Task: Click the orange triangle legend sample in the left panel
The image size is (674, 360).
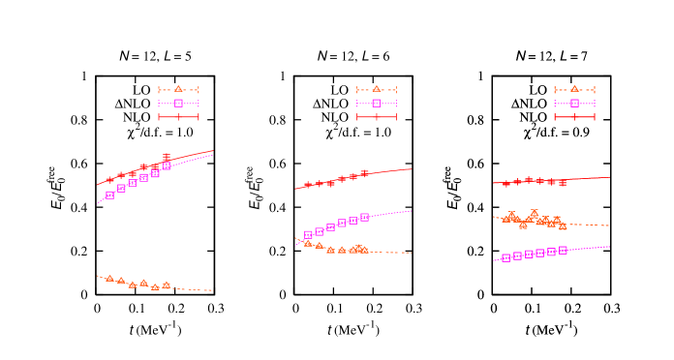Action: (x=178, y=89)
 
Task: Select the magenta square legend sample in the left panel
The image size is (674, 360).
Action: (x=178, y=103)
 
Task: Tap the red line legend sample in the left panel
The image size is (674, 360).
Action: (x=178, y=117)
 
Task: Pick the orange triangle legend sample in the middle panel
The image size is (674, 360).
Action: (x=377, y=89)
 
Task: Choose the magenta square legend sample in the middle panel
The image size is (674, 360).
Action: (x=377, y=103)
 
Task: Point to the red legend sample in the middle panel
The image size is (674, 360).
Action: (x=377, y=117)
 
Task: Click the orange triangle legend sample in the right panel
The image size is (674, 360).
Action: (x=574, y=89)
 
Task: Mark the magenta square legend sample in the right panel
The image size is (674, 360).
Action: (x=574, y=103)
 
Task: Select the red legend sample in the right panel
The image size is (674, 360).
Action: (x=574, y=117)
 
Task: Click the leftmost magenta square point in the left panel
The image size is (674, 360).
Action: (x=109, y=195)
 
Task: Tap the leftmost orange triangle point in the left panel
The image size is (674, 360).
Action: (x=109, y=279)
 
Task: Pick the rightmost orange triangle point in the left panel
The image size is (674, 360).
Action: (x=167, y=285)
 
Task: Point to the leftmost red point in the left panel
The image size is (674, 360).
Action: (x=109, y=179)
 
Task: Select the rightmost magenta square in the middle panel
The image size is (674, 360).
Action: (x=365, y=217)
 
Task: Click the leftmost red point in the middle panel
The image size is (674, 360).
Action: (x=308, y=185)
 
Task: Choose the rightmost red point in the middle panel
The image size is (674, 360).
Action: (x=365, y=174)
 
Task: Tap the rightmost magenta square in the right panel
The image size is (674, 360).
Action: (x=563, y=250)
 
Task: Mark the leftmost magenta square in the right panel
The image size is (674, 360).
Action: (x=505, y=257)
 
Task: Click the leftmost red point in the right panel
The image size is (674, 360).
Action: (x=505, y=183)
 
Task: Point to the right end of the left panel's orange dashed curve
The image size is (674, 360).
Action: (x=212, y=290)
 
